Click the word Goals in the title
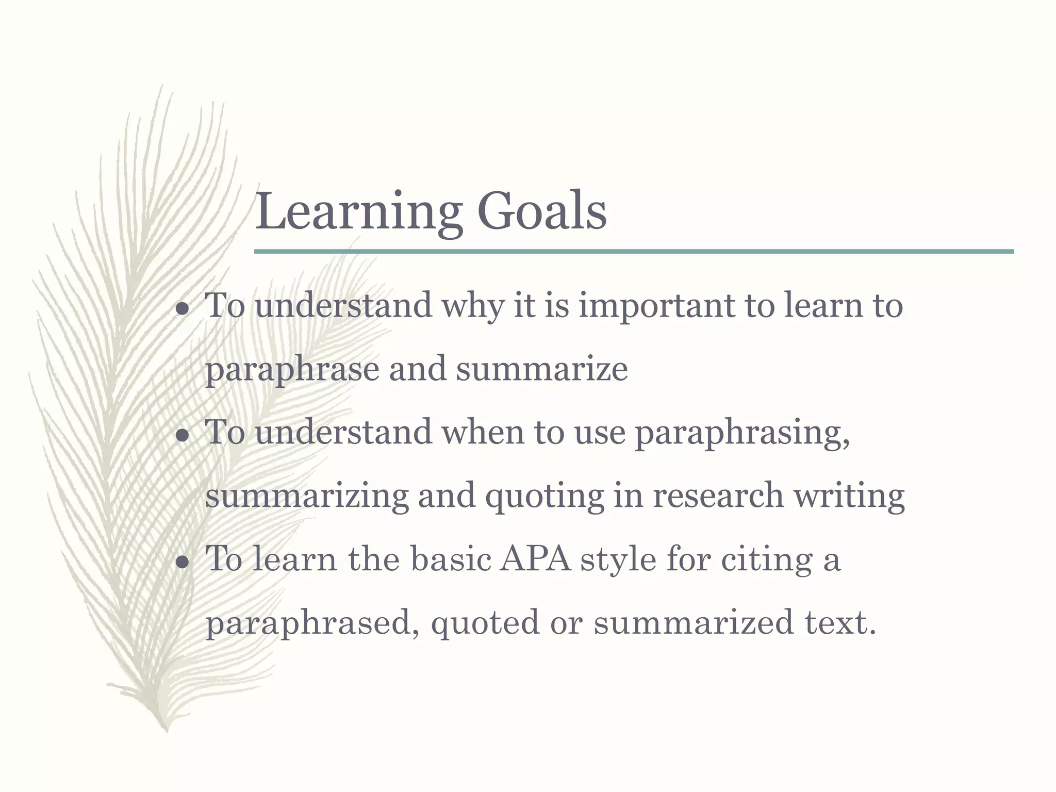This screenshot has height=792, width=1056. [542, 211]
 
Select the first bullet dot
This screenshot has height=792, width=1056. [182, 309]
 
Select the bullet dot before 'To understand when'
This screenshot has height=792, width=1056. [182, 436]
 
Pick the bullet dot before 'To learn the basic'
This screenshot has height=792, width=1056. [182, 563]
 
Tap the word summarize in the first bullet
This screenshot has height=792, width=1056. [542, 370]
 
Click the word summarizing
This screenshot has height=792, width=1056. [307, 497]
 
